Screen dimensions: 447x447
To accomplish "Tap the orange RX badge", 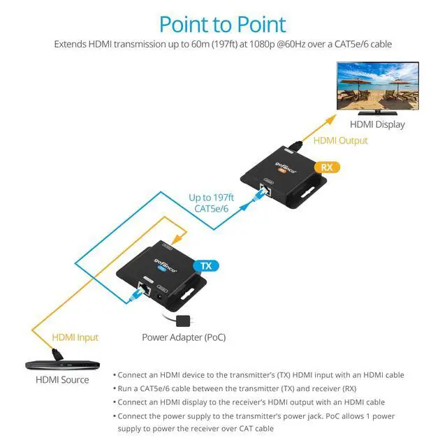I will pyautogui.click(x=327, y=168).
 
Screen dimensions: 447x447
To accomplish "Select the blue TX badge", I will pyautogui.click(x=206, y=265).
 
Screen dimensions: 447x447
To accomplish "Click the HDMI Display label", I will pyautogui.click(x=377, y=124).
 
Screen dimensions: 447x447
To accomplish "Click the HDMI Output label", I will pyautogui.click(x=340, y=140).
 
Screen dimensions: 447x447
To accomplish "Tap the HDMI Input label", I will pyautogui.click(x=75, y=337).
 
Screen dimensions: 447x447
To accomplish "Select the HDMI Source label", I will pyautogui.click(x=62, y=380).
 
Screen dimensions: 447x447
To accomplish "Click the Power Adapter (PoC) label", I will pyautogui.click(x=184, y=337).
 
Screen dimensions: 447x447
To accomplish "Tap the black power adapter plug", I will pyautogui.click(x=183, y=321).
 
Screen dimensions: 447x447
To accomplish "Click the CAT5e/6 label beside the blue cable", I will pyautogui.click(x=211, y=209).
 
